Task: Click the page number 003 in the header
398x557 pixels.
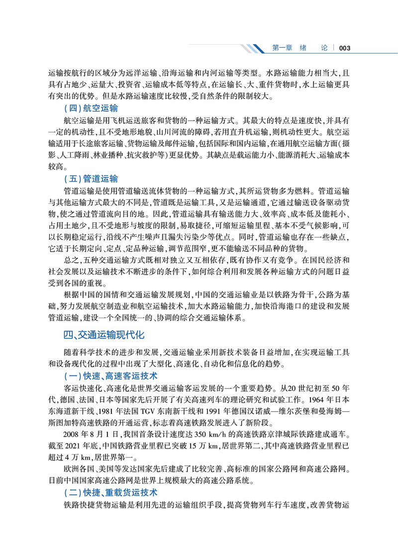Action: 345,48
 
